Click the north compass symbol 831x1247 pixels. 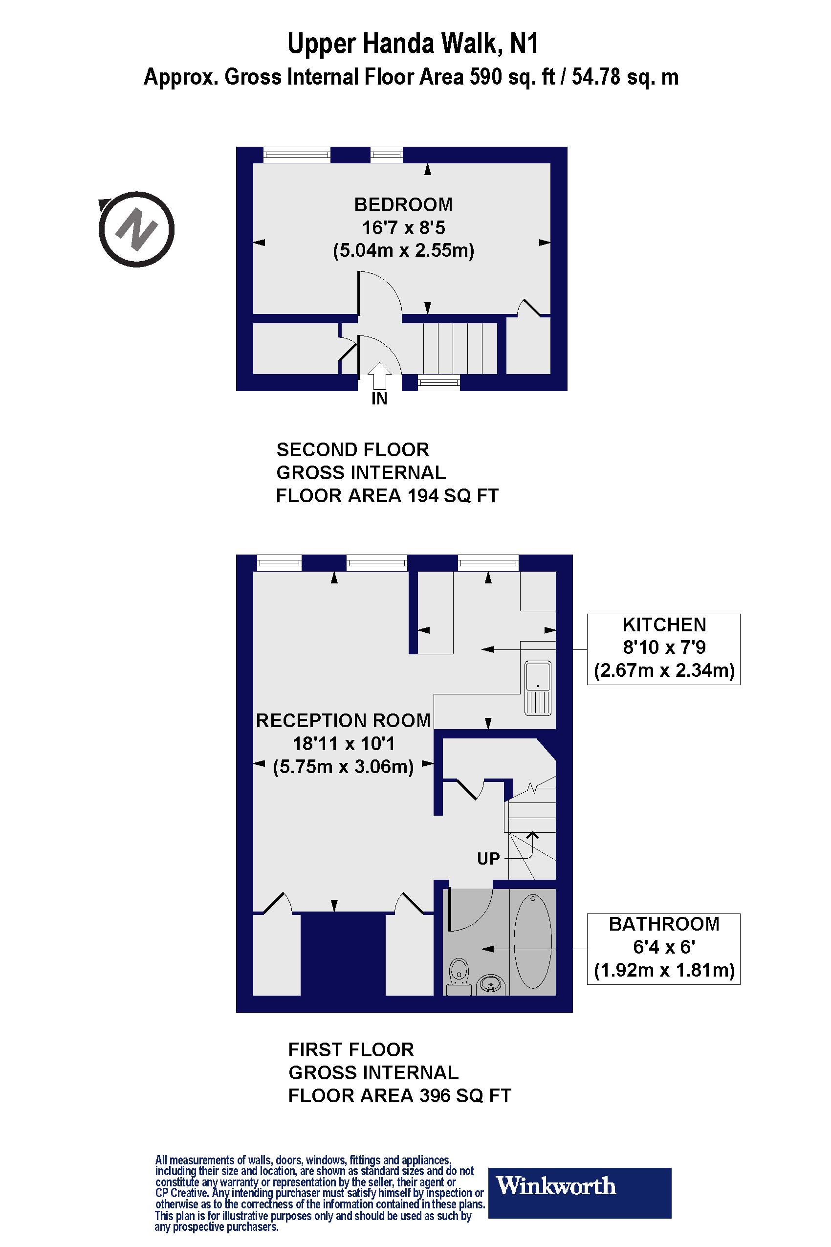coord(136,229)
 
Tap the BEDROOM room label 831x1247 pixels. coord(403,204)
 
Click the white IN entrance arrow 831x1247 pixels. coord(379,376)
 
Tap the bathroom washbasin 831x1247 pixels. coord(491,985)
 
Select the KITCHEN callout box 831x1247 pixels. coord(663,649)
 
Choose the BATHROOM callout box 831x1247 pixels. coord(663,948)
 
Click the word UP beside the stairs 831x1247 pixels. coord(488,858)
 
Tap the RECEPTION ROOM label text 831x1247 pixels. coord(344,720)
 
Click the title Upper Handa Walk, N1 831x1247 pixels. coord(413,44)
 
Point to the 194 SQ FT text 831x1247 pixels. coord(453,496)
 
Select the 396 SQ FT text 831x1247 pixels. coord(465,1095)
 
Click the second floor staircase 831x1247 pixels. coord(460,348)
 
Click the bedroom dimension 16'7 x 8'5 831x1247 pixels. coord(403,227)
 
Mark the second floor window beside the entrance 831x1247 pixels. coord(439,382)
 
